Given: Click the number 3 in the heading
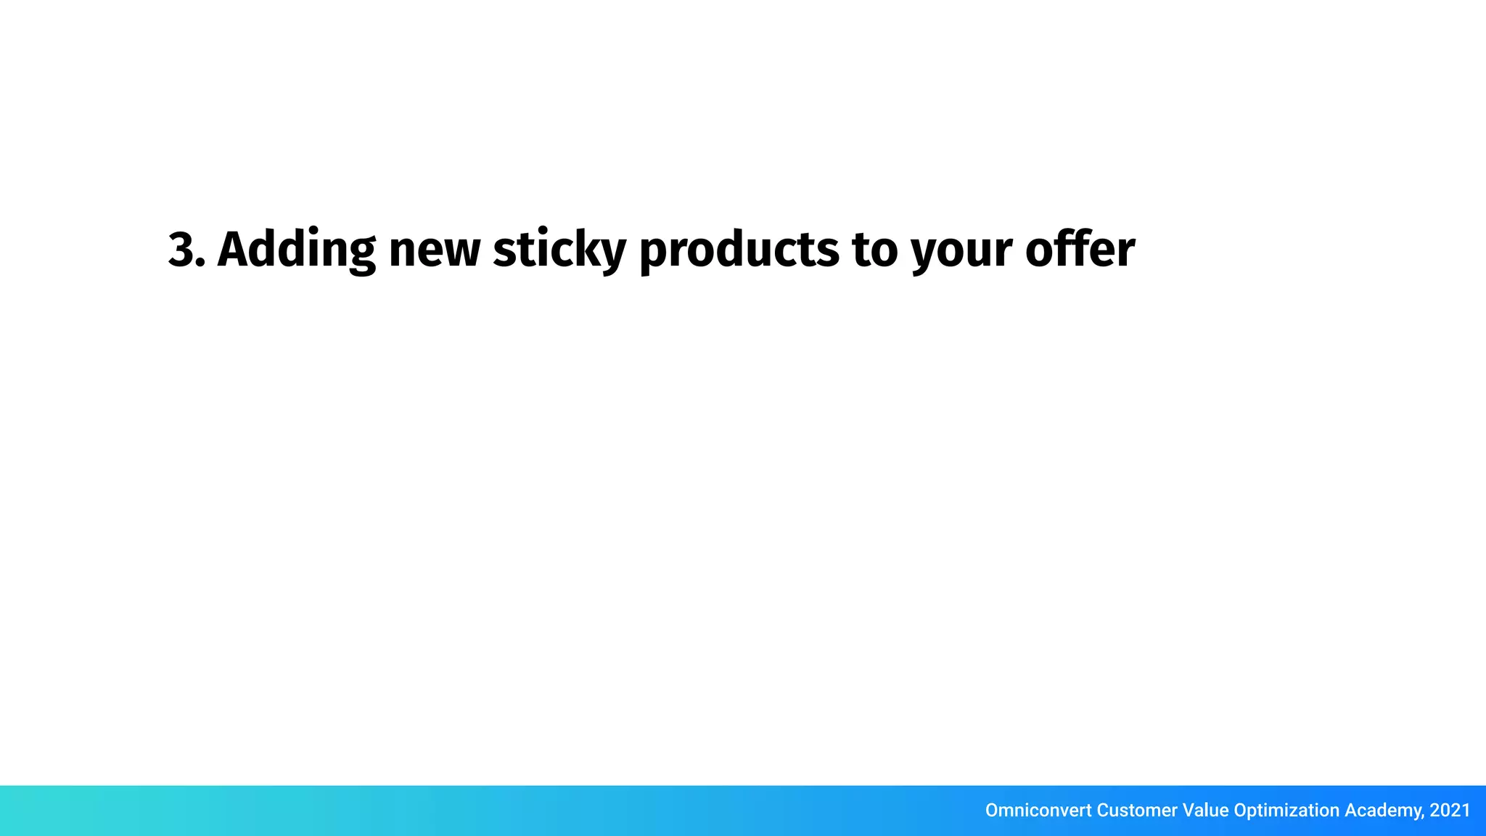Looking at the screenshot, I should point(181,250).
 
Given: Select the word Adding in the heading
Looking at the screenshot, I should point(296,250).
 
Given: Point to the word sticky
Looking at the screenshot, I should point(559,250).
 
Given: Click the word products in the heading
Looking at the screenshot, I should point(738,250).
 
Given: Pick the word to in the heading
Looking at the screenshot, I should point(874,250).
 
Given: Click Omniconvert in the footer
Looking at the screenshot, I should point(1038,810).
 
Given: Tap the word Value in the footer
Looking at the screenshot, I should point(1205,810).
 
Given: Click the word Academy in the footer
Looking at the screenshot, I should point(1382,811).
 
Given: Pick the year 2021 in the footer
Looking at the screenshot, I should point(1450,810).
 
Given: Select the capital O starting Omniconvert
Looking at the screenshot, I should point(993,810).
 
